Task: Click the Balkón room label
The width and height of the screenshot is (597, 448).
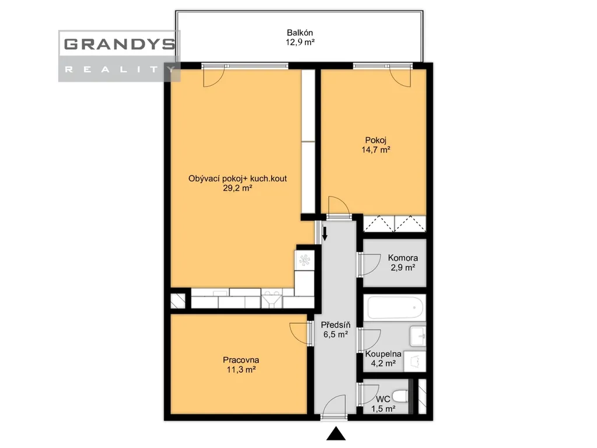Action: pyautogui.click(x=300, y=33)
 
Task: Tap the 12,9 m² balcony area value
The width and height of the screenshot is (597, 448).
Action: pyautogui.click(x=300, y=42)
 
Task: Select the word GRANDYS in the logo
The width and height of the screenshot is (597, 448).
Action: pyautogui.click(x=120, y=44)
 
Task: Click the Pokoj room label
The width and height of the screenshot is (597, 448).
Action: pyautogui.click(x=376, y=140)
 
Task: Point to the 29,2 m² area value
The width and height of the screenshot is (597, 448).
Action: pyautogui.click(x=238, y=188)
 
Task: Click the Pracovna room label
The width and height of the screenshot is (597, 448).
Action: pyautogui.click(x=241, y=360)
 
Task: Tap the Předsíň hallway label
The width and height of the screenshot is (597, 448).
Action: pyautogui.click(x=335, y=325)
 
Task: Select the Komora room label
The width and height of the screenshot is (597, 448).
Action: pyautogui.click(x=403, y=258)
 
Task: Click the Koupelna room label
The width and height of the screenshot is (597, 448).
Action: pyautogui.click(x=383, y=354)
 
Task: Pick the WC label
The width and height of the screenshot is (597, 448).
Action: pyautogui.click(x=383, y=399)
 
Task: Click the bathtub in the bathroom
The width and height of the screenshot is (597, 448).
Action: pyautogui.click(x=395, y=307)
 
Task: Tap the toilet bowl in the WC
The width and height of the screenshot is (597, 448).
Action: pyautogui.click(x=400, y=396)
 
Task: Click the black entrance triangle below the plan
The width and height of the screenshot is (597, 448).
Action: pyautogui.click(x=336, y=433)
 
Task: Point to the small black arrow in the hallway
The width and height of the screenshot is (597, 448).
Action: pyautogui.click(x=325, y=233)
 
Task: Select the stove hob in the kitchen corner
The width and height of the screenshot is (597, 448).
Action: pyautogui.click(x=304, y=260)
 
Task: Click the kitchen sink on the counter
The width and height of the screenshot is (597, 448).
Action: pyautogui.click(x=272, y=299)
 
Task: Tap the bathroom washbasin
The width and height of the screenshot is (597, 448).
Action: pyautogui.click(x=418, y=336)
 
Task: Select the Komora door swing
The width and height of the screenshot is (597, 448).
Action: pyautogui.click(x=369, y=264)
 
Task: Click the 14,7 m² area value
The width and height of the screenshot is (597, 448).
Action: pyautogui.click(x=376, y=150)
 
